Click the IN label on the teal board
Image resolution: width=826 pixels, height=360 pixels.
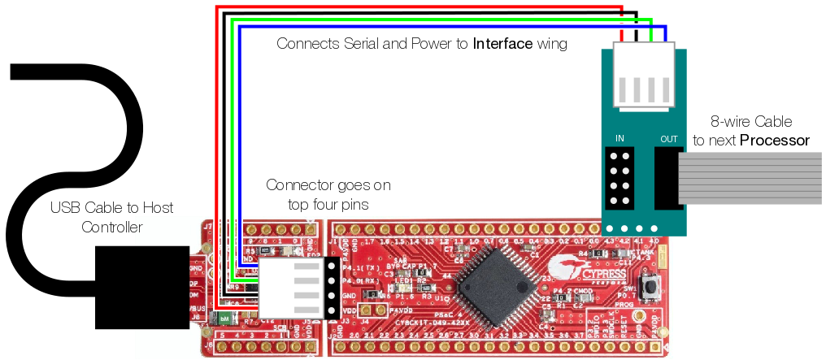pyautogui.click(x=620, y=139)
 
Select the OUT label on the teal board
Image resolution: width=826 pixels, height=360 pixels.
pyautogui.click(x=669, y=139)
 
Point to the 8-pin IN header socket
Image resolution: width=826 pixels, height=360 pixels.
pyautogui.click(x=620, y=176)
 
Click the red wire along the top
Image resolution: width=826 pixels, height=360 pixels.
pyautogui.click(x=406, y=7)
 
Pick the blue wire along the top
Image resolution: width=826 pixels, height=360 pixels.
pyautogui.click(x=439, y=26)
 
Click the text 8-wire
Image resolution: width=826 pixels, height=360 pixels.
pyautogui.click(x=729, y=122)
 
